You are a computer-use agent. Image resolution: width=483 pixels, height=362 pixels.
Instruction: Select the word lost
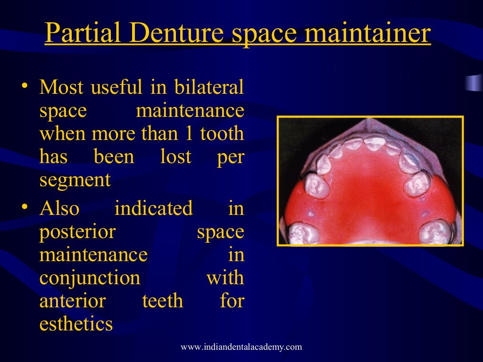pyautogui.click(x=176, y=157)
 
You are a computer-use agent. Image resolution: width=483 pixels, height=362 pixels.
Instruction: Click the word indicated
pyautogui.click(x=154, y=208)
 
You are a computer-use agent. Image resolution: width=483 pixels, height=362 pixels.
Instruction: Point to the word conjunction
pyautogui.click(x=90, y=278)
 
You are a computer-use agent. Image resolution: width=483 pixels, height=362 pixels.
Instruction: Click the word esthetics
pyautogui.click(x=76, y=324)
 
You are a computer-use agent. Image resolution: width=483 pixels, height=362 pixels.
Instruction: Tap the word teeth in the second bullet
pyautogui.click(x=163, y=301)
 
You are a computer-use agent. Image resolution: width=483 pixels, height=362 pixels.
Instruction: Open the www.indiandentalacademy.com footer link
pyautogui.click(x=241, y=347)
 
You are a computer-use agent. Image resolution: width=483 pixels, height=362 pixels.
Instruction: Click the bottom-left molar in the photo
pyautogui.click(x=302, y=232)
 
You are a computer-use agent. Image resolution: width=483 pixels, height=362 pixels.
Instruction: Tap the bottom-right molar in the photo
pyautogui.click(x=436, y=231)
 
